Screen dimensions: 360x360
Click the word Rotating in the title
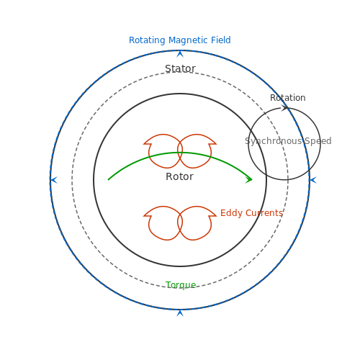(x=147, y=40)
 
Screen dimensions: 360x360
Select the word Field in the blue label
(x=221, y=40)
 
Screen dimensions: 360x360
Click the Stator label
(x=180, y=68)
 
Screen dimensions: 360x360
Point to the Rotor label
(x=179, y=176)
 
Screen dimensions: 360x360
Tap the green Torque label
(x=181, y=285)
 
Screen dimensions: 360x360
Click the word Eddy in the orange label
(x=231, y=213)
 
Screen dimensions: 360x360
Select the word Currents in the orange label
(x=264, y=213)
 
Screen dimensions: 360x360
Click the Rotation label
(x=288, y=98)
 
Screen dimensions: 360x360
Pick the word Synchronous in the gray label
(x=273, y=141)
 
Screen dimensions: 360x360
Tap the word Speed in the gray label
(x=318, y=141)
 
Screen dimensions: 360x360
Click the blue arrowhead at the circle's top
(x=180, y=54)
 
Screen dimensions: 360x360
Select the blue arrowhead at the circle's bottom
(x=180, y=313)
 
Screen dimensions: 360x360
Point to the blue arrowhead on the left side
(x=54, y=180)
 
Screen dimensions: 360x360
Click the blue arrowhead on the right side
(x=313, y=180)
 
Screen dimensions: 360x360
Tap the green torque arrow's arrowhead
(x=249, y=179)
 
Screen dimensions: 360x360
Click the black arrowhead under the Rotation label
(x=284, y=108)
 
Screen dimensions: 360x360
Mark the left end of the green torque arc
(x=108, y=180)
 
